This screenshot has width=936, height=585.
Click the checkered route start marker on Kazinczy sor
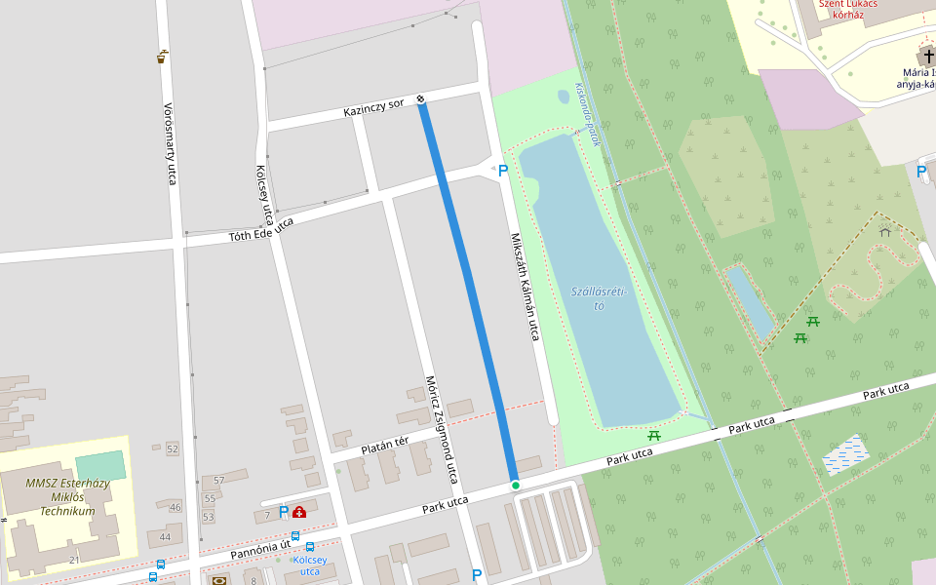tap(420, 98)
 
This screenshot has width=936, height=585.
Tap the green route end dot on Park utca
tap(515, 485)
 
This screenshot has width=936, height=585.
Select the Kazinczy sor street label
tap(373, 107)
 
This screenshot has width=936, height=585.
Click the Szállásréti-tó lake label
tap(599, 298)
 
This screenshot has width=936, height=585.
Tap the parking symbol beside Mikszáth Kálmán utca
tap(503, 171)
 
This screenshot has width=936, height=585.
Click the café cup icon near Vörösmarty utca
tap(161, 58)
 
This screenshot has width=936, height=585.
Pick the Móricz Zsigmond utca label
tap(441, 429)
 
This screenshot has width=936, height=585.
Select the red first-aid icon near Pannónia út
tap(299, 512)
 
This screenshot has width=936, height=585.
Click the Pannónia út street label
tap(260, 552)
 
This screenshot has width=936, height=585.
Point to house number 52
tap(173, 448)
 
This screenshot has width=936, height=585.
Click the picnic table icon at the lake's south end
tap(654, 436)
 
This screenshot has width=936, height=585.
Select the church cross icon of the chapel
tap(923, 55)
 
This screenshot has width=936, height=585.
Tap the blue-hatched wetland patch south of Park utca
tap(845, 454)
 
